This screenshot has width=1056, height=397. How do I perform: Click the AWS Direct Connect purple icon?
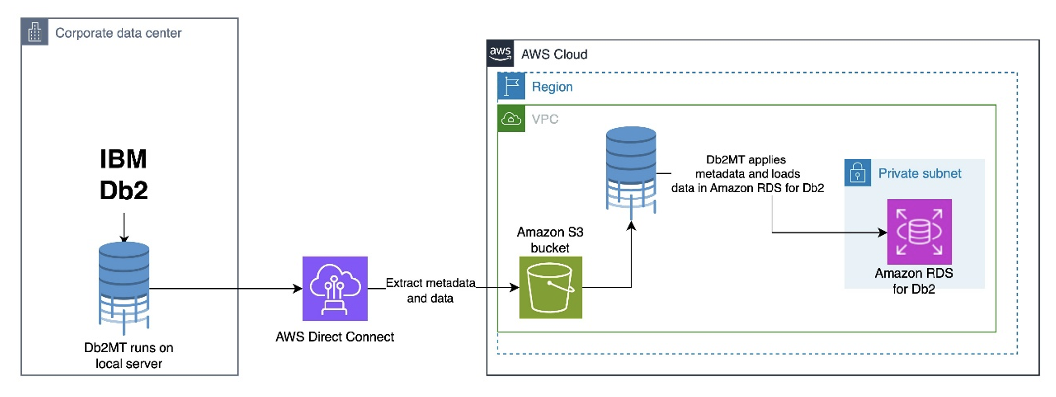coord(335,288)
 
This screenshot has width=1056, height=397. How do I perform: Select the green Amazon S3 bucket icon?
coord(550,287)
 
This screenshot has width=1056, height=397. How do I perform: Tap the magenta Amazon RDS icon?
coord(919,232)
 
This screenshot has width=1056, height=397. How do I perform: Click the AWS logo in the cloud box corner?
coord(500,53)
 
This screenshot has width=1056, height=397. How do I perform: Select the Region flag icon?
coord(511,86)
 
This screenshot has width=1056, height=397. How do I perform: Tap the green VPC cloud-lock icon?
coord(511,119)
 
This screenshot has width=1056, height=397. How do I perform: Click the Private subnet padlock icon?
coord(857,173)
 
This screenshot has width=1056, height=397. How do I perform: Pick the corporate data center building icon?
coord(35,32)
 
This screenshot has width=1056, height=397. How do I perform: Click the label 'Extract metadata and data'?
coord(430,290)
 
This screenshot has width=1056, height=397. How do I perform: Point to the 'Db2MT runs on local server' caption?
coord(128,356)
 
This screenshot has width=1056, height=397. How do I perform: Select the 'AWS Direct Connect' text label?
coord(334,337)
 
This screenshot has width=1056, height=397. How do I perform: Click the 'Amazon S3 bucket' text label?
coord(550,239)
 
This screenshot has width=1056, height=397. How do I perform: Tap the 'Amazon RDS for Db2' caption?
coord(913,281)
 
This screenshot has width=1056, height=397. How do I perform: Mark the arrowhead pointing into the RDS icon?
coord(882,232)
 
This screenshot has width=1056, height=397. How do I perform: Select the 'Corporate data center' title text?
coord(118,33)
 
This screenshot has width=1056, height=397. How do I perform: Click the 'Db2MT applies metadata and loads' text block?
coord(747,174)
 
